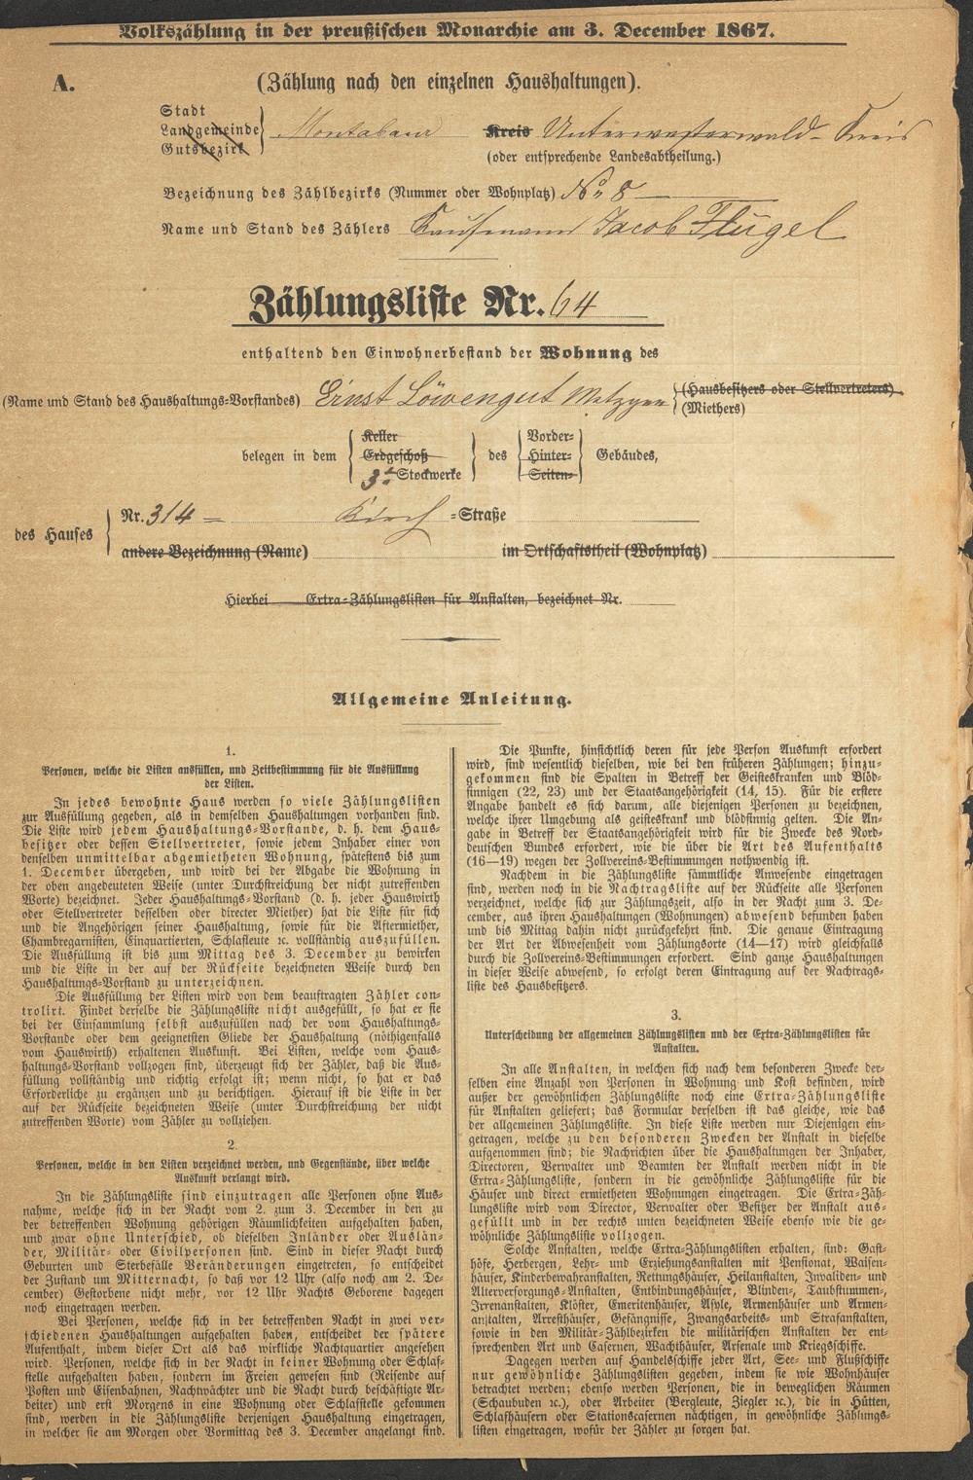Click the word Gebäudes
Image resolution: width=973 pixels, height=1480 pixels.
(x=630, y=456)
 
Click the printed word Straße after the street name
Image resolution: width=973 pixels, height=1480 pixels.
(x=478, y=517)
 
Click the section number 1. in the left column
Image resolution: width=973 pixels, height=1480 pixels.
(x=230, y=750)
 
